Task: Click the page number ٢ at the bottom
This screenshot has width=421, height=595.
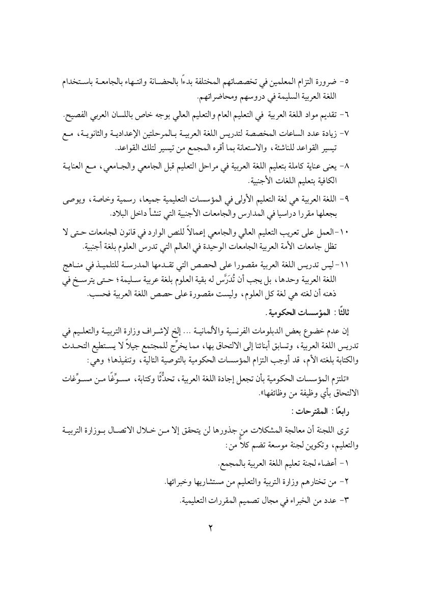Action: click(210, 527)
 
